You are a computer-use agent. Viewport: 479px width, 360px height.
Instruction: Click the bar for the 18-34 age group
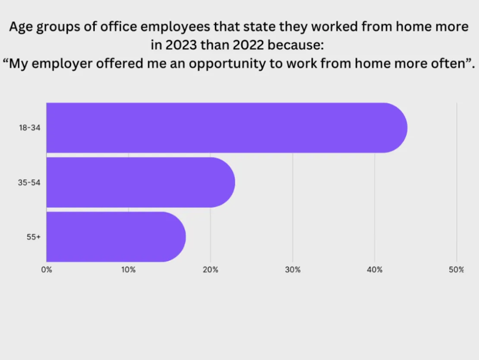click(224, 128)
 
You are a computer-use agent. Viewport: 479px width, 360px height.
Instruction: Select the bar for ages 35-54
click(138, 182)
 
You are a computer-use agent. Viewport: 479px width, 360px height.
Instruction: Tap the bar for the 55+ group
click(114, 237)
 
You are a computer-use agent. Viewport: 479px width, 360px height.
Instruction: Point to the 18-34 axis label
click(30, 128)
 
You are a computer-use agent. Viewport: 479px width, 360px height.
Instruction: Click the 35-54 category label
click(30, 183)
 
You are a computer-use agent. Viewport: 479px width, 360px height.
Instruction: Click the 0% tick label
click(47, 270)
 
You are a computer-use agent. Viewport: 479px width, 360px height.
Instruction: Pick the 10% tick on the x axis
click(129, 270)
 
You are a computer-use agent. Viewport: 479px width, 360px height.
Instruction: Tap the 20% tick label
click(211, 270)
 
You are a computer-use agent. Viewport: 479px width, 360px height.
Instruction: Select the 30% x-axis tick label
click(293, 270)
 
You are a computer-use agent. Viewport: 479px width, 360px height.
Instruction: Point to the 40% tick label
click(375, 270)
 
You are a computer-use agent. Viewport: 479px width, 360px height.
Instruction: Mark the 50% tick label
click(457, 270)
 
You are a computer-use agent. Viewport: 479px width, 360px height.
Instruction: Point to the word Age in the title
click(19, 27)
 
